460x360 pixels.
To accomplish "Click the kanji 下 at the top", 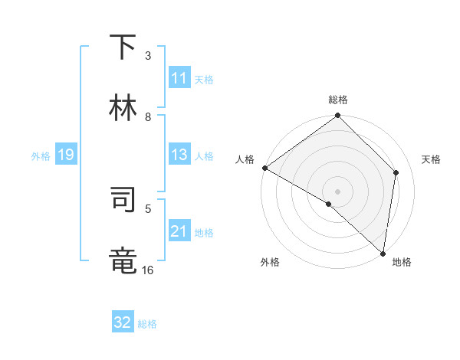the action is point(123,47).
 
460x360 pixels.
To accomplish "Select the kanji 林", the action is point(123,108).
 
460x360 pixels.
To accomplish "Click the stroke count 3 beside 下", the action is point(148,55).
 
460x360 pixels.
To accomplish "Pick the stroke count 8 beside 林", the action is point(148,116).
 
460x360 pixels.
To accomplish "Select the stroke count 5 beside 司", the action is point(148,208).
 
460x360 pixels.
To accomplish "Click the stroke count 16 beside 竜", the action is point(148,270).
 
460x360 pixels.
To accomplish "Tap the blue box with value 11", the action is point(179,78).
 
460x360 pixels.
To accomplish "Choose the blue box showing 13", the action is point(179,155).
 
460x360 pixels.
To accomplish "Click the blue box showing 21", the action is point(179,231).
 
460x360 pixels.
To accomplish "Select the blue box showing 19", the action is point(66,155).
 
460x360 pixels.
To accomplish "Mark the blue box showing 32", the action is point(123,322).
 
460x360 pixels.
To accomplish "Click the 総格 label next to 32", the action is point(147,324).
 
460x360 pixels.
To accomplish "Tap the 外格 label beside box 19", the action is point(41,156).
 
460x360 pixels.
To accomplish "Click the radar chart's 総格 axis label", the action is point(338,100).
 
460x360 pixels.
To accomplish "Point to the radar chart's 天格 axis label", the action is point(431,159).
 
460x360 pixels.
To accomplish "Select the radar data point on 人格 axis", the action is point(264,168).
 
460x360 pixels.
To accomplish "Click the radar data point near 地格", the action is point(383,253).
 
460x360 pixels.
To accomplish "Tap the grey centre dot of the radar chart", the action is point(338,191).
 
